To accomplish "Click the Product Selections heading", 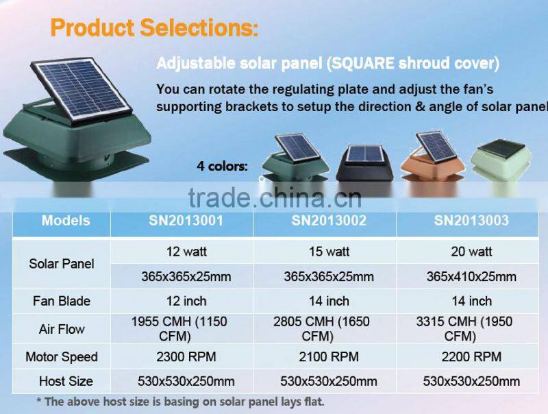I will pos(154,28).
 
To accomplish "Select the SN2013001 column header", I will pos(186,221).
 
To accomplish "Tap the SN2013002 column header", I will pos(329,221).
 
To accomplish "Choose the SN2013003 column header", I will pos(471,221).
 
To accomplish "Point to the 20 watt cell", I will pos(471,252).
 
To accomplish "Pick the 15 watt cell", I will pos(329,252).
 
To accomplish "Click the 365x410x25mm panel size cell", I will pos(471,277).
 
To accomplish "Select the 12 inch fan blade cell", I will pos(186,301).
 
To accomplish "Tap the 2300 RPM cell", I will pos(186,357).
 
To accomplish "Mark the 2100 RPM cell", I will pos(329,357).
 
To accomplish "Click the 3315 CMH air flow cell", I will pos(471,329).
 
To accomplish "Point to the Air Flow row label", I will pos(62,330).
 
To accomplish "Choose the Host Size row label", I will pos(62,381).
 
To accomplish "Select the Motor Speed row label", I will pos(62,357).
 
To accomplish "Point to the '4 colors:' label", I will pos(222,167).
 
